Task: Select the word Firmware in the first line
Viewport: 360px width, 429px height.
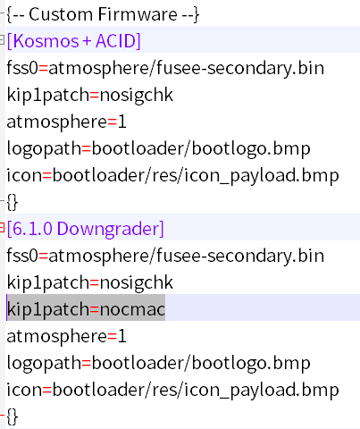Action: click(x=138, y=14)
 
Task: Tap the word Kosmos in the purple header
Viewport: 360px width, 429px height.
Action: click(x=43, y=41)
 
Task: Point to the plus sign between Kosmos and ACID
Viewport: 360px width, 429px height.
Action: click(x=87, y=41)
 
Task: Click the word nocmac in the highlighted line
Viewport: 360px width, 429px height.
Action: click(x=132, y=309)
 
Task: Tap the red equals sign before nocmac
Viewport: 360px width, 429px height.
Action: click(x=94, y=310)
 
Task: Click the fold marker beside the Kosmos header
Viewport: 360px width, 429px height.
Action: click(x=2, y=39)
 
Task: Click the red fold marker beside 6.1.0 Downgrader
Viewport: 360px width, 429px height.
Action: click(x=2, y=227)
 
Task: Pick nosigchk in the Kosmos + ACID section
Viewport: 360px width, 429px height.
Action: click(x=136, y=96)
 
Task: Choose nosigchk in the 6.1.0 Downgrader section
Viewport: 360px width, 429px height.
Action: click(x=136, y=283)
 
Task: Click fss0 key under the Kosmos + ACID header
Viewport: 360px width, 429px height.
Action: click(x=22, y=68)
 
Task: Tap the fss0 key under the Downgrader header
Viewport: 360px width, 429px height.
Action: click(x=22, y=256)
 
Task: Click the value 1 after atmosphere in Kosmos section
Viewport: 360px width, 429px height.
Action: click(x=121, y=122)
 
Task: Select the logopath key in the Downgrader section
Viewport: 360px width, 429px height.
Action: click(x=44, y=364)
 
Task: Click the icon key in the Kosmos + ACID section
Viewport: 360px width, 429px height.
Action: click(x=24, y=175)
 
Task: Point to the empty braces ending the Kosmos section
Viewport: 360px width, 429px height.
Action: click(x=13, y=202)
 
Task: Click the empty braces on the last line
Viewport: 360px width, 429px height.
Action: click(x=13, y=416)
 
